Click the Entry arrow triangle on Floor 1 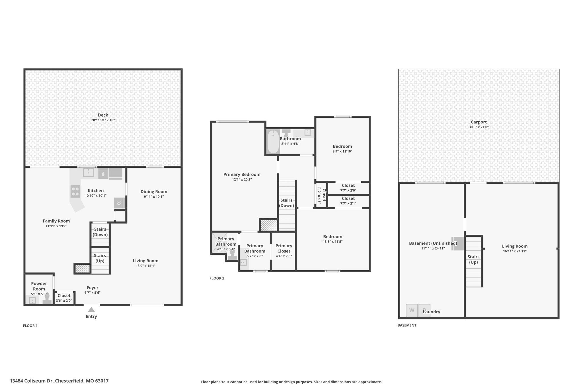tap(91, 310)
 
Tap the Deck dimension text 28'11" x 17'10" tap(103, 120)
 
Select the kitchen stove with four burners tap(75, 191)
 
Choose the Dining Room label tap(154, 192)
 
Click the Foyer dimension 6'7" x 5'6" tap(93, 293)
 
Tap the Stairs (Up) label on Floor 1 tap(100, 258)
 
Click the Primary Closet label tap(284, 248)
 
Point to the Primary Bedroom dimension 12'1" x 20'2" tap(242, 180)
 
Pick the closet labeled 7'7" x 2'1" tap(348, 201)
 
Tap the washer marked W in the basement tap(412, 310)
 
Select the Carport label tap(479, 122)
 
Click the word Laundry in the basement tap(432, 312)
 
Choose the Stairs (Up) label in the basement tap(473, 260)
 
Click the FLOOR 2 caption tap(217, 278)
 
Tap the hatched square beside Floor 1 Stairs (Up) tap(82, 269)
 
